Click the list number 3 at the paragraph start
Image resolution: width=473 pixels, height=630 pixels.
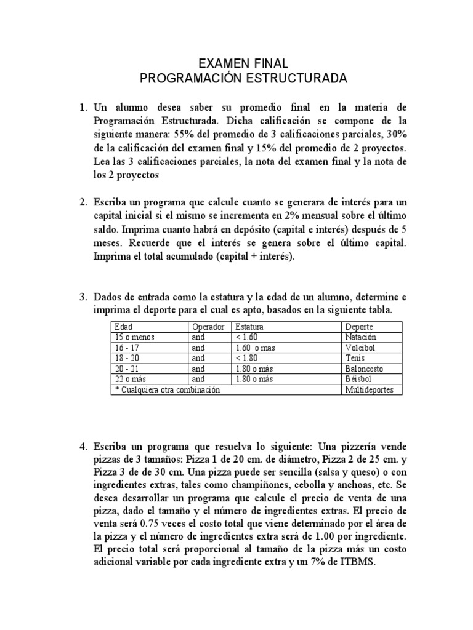[83, 297]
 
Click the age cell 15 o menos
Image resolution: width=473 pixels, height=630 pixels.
[133, 337]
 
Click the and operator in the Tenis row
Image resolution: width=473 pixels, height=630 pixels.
[198, 358]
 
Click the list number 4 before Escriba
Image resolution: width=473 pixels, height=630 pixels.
[83, 444]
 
